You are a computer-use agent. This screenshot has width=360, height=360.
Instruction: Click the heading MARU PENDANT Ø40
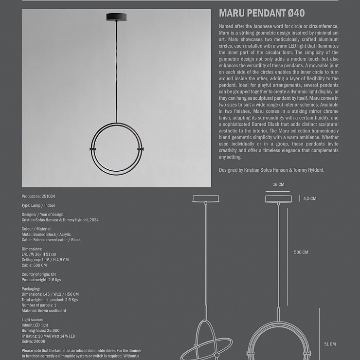[x=262, y=13]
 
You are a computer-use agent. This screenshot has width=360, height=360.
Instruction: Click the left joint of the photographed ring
[x=93, y=148]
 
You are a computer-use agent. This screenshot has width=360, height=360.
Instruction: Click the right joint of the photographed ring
[x=141, y=148]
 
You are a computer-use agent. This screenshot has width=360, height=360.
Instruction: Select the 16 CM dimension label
[x=278, y=185]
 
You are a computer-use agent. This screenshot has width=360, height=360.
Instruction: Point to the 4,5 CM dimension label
[x=310, y=198]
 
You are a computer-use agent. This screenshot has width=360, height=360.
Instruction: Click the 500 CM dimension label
[x=301, y=252]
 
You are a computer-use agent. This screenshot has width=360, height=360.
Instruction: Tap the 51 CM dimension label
[x=330, y=344]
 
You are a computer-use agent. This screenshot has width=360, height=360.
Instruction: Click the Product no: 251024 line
[x=38, y=197]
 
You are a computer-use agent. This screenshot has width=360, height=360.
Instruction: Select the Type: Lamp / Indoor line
[x=38, y=206]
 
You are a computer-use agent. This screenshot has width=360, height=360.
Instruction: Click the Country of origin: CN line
[x=39, y=274]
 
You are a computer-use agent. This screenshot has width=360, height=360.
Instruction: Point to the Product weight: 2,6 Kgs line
[x=41, y=280]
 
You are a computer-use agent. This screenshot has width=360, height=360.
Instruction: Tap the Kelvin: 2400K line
[x=34, y=342]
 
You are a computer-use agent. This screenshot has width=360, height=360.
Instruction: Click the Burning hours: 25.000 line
[x=41, y=331]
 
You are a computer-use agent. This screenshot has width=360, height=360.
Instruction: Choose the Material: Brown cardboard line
[x=44, y=310]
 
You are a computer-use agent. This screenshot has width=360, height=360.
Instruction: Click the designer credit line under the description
[x=271, y=170]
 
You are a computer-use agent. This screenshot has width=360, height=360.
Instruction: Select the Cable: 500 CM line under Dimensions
[x=34, y=265]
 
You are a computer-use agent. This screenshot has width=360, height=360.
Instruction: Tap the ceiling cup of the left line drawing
[x=206, y=198]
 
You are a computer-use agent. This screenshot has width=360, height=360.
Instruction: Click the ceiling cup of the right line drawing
[x=278, y=198]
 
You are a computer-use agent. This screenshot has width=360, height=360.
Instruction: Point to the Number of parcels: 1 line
[x=39, y=305]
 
